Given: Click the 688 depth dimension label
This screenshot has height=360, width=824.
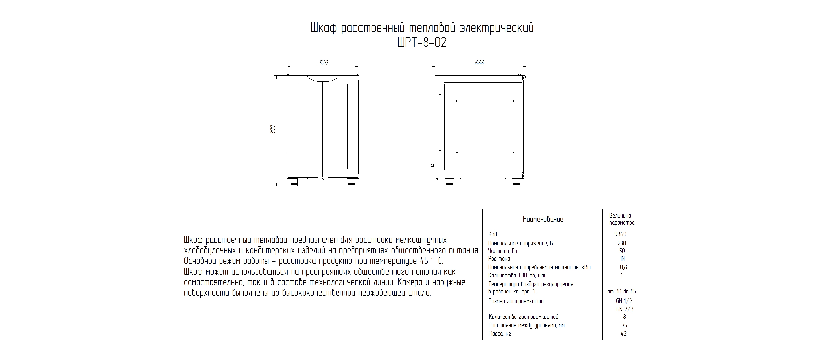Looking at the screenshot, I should tap(479, 63).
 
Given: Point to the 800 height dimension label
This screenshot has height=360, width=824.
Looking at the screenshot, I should tap(273, 130).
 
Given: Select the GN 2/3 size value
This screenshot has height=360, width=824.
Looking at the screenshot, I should tap(624, 309).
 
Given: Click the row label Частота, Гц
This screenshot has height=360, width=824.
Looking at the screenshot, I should tap(502, 251).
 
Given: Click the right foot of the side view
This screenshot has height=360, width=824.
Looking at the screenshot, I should tap(516, 182).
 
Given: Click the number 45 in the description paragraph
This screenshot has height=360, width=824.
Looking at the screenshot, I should tap(424, 261).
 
